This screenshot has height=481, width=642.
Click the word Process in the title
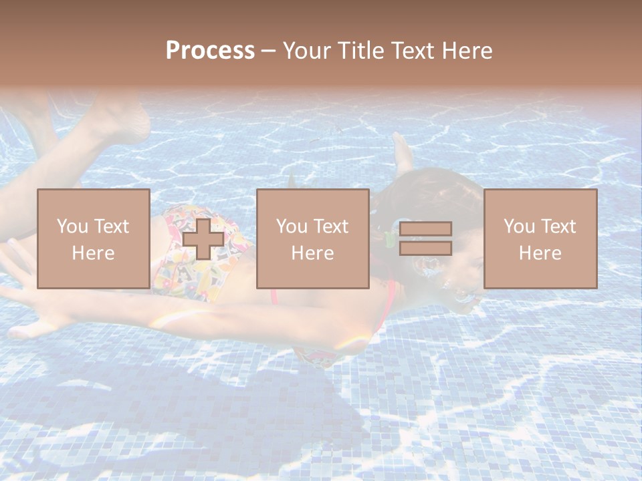tap(210, 51)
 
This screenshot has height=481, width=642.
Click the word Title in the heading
tap(360, 51)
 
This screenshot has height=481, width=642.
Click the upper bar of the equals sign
tap(425, 228)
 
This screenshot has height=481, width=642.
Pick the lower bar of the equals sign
tap(425, 248)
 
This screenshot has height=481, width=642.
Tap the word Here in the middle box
tap(313, 253)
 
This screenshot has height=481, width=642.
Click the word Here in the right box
tap(540, 253)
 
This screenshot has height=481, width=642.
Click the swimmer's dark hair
tap(428, 194)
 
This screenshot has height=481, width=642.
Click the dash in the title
tap(269, 51)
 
